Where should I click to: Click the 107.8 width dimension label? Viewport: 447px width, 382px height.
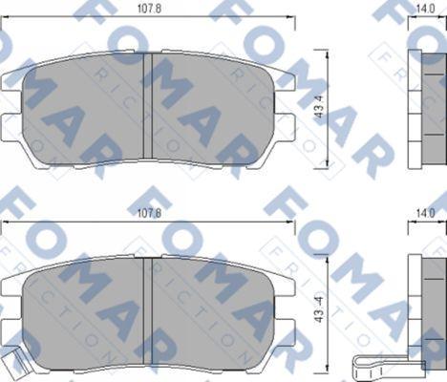click(x=148, y=11)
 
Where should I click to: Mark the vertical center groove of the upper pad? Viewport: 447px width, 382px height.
click(x=147, y=105)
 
